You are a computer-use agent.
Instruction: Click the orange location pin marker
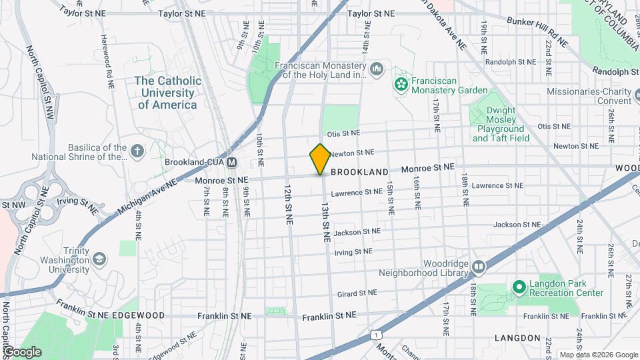click(320, 159)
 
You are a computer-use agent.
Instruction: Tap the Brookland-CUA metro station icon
click(232, 162)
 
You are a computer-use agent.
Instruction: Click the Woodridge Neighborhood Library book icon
click(479, 267)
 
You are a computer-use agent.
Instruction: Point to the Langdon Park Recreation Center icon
click(519, 287)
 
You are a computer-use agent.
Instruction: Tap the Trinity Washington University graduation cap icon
click(99, 258)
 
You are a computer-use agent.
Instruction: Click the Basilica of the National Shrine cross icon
click(138, 152)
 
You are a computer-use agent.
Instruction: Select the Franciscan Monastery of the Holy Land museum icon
click(377, 68)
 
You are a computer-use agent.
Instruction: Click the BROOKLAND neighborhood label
click(359, 172)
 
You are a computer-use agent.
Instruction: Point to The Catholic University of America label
click(168, 93)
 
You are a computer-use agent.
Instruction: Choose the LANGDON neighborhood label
click(517, 338)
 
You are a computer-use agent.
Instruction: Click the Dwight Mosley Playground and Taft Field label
click(501, 124)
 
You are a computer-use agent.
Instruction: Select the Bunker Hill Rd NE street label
click(536, 31)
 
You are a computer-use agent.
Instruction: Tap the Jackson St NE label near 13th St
click(357, 232)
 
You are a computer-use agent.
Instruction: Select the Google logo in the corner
click(22, 351)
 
